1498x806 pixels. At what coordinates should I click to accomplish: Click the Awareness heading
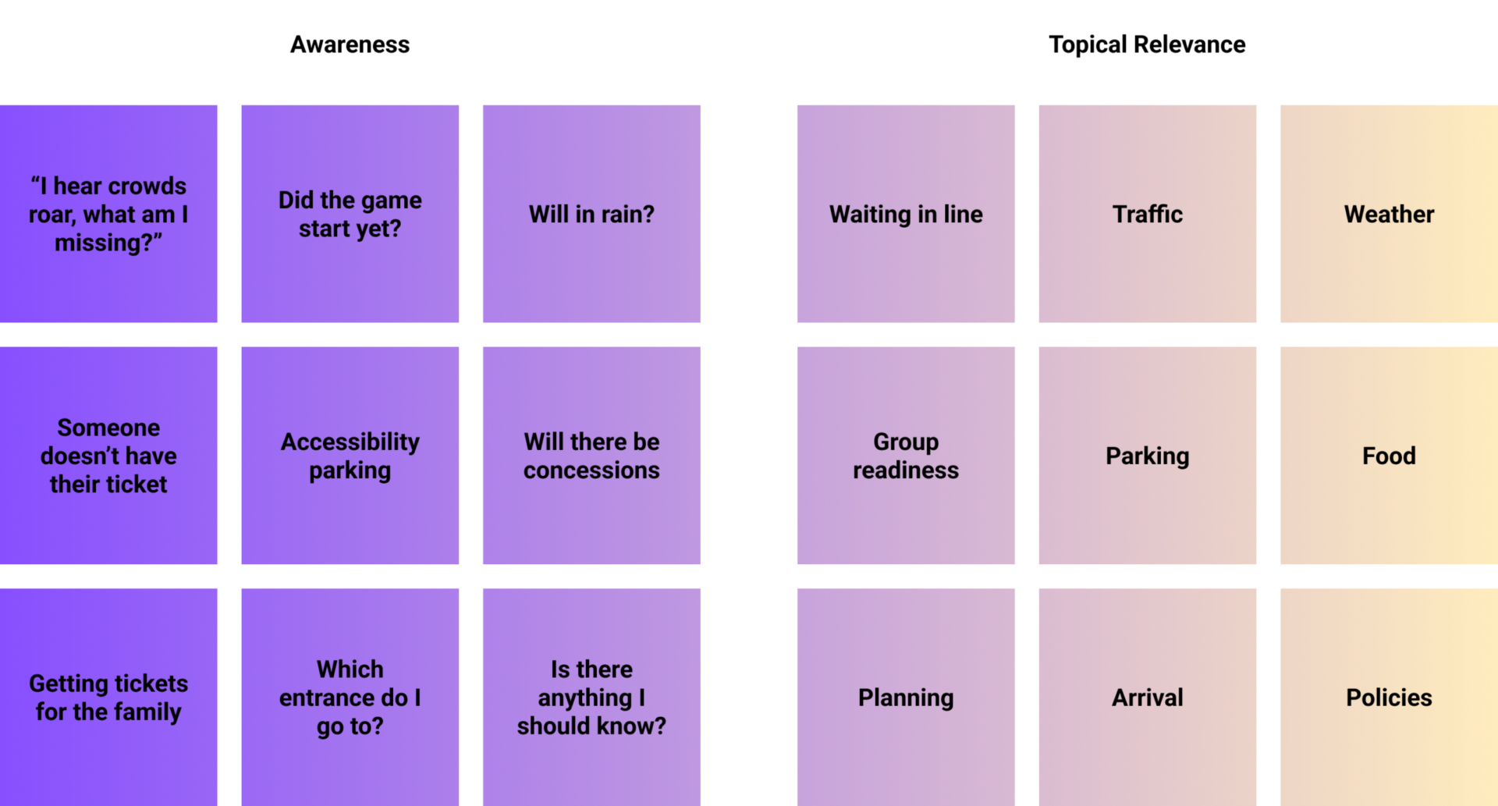click(350, 44)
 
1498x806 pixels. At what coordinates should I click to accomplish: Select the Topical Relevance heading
click(1146, 44)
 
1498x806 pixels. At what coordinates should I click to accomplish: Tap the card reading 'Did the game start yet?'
click(350, 214)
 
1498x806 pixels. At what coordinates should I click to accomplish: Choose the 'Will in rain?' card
click(591, 214)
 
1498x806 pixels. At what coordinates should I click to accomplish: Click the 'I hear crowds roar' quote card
click(108, 214)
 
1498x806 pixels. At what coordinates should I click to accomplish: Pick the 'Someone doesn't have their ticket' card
click(108, 456)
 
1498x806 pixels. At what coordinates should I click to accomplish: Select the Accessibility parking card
click(350, 456)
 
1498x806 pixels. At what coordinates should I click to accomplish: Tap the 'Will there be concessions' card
click(591, 456)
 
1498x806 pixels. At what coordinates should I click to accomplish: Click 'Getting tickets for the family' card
click(108, 697)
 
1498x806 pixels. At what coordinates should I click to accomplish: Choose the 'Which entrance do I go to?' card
click(350, 697)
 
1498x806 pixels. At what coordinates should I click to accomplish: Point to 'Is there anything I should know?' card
click(591, 697)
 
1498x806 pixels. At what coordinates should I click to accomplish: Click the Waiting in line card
click(906, 214)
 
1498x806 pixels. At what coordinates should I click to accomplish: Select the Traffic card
click(1148, 214)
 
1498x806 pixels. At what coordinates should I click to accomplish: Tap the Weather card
click(1389, 214)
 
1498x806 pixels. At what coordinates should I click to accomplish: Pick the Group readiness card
click(906, 456)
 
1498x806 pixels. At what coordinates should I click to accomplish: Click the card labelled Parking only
click(1148, 456)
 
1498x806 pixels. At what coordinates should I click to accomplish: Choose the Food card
click(1389, 456)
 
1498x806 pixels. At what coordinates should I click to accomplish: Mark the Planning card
click(906, 697)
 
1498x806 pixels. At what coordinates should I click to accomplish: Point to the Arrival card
click(1148, 697)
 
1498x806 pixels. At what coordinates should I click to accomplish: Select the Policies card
click(1389, 697)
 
